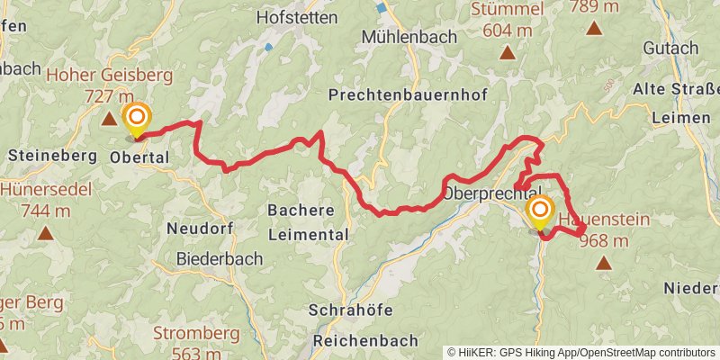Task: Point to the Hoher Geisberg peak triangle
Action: [x=109, y=118]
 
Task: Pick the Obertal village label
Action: [x=139, y=157]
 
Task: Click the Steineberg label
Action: [x=51, y=155]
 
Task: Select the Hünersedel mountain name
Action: [x=36, y=190]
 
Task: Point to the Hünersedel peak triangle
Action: [x=45, y=233]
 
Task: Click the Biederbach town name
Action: [x=220, y=258]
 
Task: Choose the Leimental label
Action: [x=309, y=234]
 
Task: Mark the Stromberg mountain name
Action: [x=195, y=333]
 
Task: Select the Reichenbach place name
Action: [x=366, y=341]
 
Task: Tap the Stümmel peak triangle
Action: [x=508, y=52]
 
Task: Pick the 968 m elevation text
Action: [x=604, y=240]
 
